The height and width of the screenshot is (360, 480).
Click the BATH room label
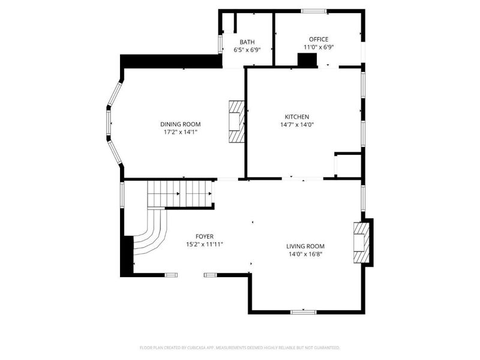pyautogui.click(x=247, y=42)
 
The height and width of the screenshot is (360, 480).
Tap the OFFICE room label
pyautogui.click(x=319, y=39)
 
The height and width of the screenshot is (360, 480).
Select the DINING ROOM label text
pyautogui.click(x=180, y=124)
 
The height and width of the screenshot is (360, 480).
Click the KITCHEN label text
pyautogui.click(x=297, y=117)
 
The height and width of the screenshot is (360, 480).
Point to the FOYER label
pyautogui.click(x=205, y=236)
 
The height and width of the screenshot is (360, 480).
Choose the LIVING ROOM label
pyautogui.click(x=305, y=246)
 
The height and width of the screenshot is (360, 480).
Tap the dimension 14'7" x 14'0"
pyautogui.click(x=297, y=125)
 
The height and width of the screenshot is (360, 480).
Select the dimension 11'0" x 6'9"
pyautogui.click(x=319, y=47)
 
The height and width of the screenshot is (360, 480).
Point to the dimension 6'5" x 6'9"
pyautogui.click(x=247, y=50)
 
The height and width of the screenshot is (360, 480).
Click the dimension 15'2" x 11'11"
pyautogui.click(x=205, y=244)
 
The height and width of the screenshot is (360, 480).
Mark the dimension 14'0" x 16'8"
pyautogui.click(x=305, y=254)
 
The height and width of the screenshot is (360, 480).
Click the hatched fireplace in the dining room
pyautogui.click(x=236, y=122)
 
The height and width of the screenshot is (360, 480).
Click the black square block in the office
pyautogui.click(x=308, y=59)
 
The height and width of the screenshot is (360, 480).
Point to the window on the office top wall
pyautogui.click(x=313, y=11)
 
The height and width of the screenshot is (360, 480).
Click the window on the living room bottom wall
pyautogui.click(x=303, y=311)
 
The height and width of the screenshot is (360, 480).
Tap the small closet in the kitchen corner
pyautogui.click(x=348, y=166)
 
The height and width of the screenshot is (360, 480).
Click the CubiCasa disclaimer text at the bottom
pyautogui.click(x=240, y=347)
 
